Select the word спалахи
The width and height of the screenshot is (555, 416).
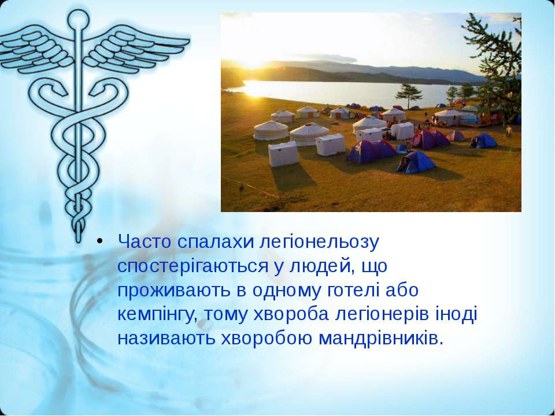[x=216, y=243]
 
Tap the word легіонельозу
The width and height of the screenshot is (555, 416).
[x=320, y=243]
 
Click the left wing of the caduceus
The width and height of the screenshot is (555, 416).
[x=35, y=50]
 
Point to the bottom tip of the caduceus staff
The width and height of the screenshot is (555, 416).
[x=79, y=240]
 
